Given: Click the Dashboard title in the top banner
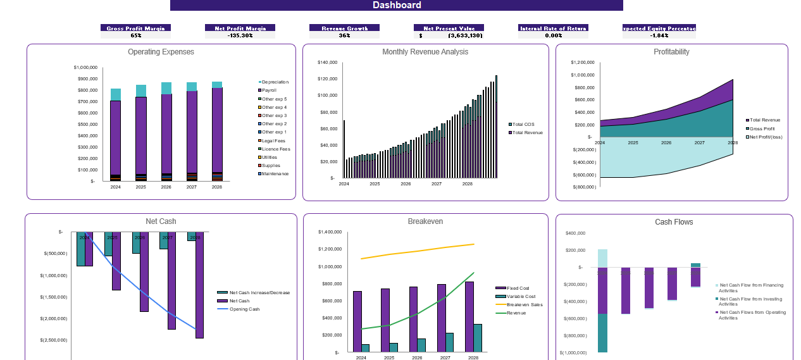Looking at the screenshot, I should click(x=397, y=5).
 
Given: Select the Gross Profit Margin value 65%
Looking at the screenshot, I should click(x=135, y=35).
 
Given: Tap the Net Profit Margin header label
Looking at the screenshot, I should click(x=240, y=28).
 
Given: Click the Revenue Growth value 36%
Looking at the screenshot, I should click(x=344, y=35).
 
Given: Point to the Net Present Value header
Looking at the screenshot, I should click(x=449, y=28).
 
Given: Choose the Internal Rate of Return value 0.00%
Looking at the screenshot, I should click(x=553, y=35).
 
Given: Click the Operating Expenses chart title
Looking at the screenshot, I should click(x=161, y=52).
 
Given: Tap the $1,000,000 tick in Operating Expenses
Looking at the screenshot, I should click(x=85, y=67).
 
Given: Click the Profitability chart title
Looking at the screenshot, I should click(x=671, y=52).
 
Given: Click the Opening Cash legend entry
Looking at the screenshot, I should click(x=244, y=309).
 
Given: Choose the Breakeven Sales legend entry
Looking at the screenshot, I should click(x=524, y=304).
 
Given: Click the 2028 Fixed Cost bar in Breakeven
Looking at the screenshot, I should click(x=469, y=316).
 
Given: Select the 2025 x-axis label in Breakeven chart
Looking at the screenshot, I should click(x=388, y=357).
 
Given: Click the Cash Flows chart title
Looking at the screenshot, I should click(x=674, y=222).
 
